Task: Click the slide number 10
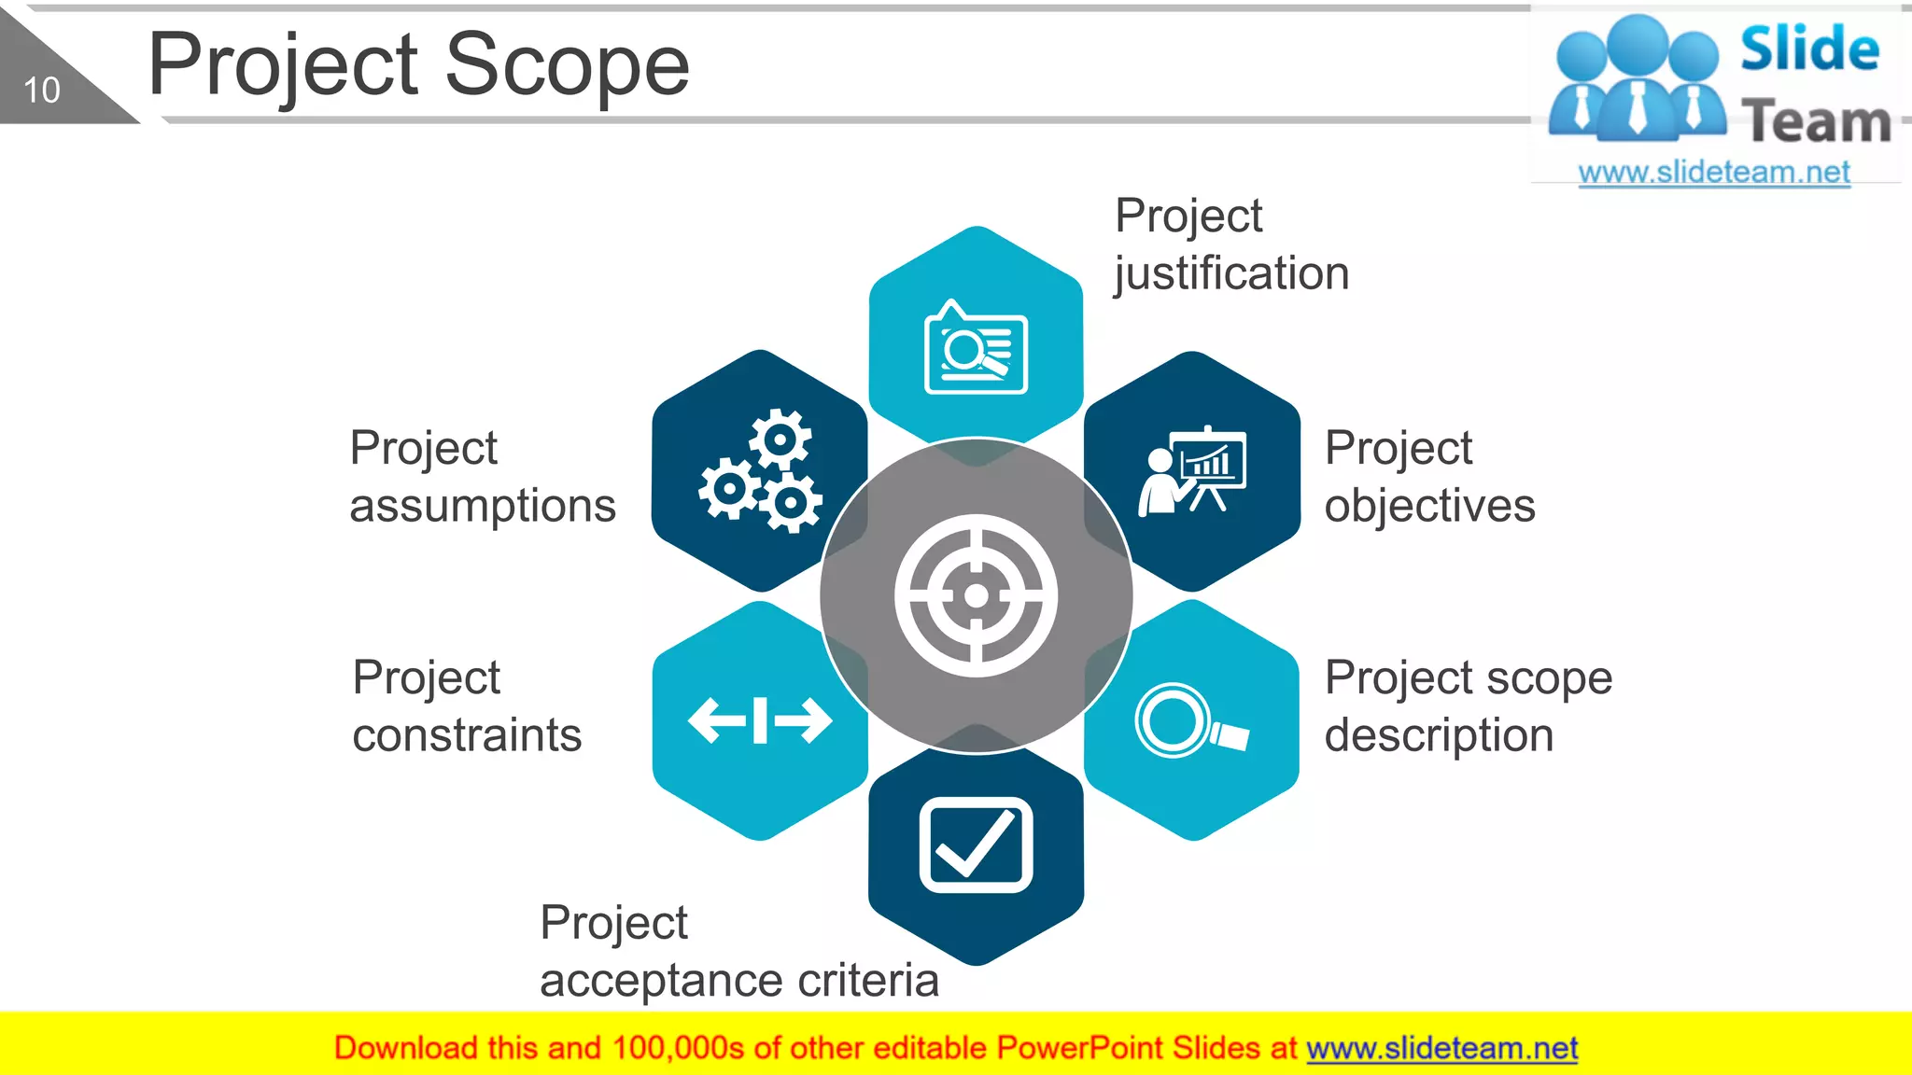[41, 91]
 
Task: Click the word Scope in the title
[567, 66]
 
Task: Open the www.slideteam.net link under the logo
[1713, 173]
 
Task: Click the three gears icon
[761, 471]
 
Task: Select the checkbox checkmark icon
[976, 845]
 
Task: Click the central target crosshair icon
[976, 595]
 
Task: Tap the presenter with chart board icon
[1192, 471]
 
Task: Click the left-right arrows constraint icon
[760, 720]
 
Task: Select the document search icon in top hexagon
[976, 350]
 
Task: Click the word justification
[1231, 274]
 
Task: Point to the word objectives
[1429, 507]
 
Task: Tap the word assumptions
[483, 507]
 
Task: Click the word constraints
[467, 735]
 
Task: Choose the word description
[1439, 735]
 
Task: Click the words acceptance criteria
[738, 981]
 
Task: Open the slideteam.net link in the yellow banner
[1441, 1049]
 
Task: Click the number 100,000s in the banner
[678, 1049]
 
